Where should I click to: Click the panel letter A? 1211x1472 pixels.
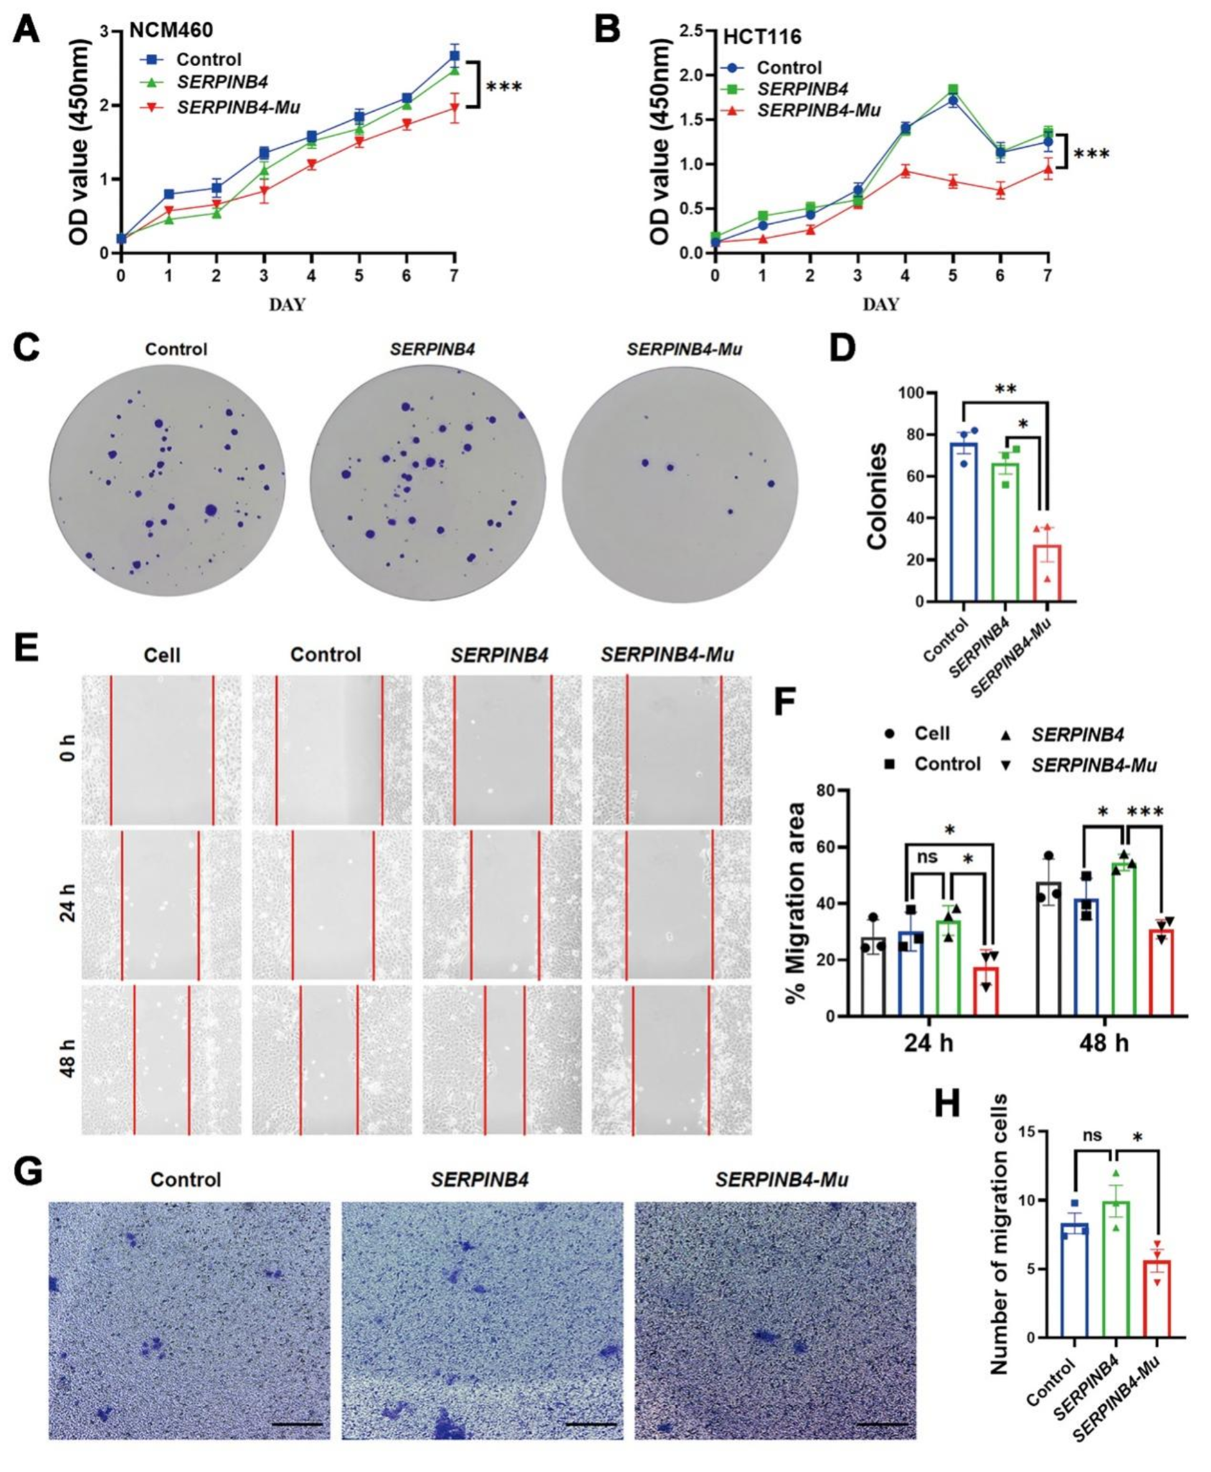(27, 31)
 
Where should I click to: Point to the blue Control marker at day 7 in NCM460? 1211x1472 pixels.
(454, 56)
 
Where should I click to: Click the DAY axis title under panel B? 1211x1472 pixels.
(880, 305)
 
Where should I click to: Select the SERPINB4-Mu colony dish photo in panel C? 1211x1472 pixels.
(680, 483)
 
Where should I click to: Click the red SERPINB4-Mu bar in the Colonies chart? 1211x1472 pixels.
(1047, 572)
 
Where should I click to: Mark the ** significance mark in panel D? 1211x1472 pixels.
(1006, 389)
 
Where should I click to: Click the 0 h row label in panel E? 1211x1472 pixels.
(68, 749)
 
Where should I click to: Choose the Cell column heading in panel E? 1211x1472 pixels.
(162, 656)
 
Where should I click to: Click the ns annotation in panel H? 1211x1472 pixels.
(1092, 1136)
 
